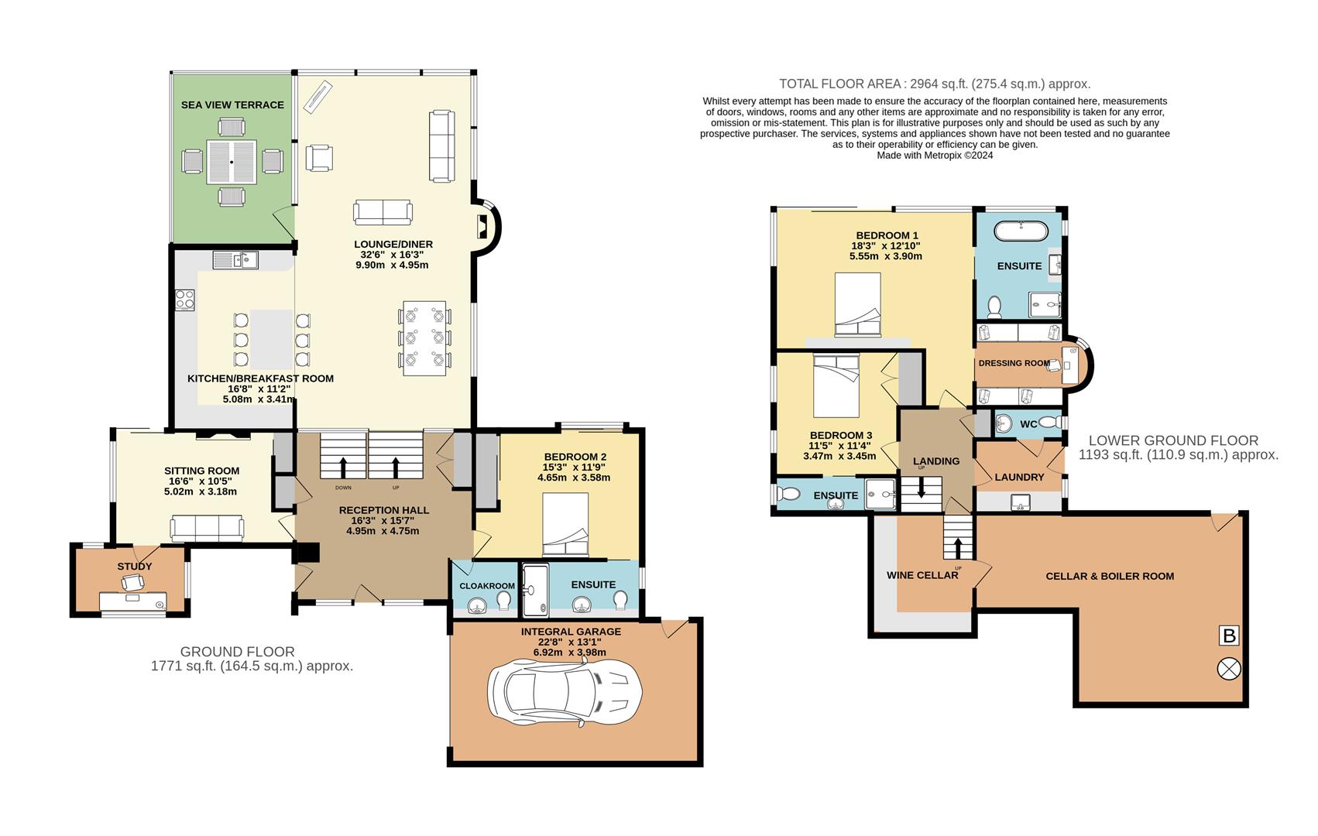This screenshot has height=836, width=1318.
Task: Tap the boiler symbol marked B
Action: (1229, 636)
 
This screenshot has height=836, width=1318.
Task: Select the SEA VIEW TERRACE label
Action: (232, 104)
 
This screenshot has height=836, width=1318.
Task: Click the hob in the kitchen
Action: (185, 300)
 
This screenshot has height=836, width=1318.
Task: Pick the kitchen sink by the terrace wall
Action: (235, 259)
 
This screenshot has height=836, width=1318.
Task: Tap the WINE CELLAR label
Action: (922, 575)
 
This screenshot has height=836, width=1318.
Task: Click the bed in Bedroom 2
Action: (565, 524)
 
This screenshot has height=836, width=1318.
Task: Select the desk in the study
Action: (133, 602)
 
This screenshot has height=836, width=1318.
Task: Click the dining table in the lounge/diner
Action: (424, 338)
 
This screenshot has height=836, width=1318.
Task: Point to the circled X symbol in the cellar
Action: (1229, 669)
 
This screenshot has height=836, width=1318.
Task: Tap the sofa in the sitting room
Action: (207, 528)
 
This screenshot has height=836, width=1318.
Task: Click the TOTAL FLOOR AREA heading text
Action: (935, 84)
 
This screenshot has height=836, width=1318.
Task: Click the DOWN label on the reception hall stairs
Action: (343, 488)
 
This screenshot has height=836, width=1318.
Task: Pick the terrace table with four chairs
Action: (232, 162)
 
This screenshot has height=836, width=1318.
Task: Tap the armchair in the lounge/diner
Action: (319, 158)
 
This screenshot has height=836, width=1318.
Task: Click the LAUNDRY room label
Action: (1019, 477)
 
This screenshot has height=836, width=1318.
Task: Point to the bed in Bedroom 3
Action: (836, 385)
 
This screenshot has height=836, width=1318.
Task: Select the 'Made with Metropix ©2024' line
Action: (935, 156)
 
